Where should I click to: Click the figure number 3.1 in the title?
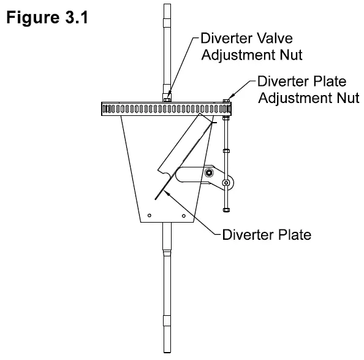[75, 17]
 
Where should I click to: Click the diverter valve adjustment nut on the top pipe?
[167, 97]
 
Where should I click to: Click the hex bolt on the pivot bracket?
[210, 174]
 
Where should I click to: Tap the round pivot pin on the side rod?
[226, 183]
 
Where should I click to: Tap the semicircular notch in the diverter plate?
[161, 170]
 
